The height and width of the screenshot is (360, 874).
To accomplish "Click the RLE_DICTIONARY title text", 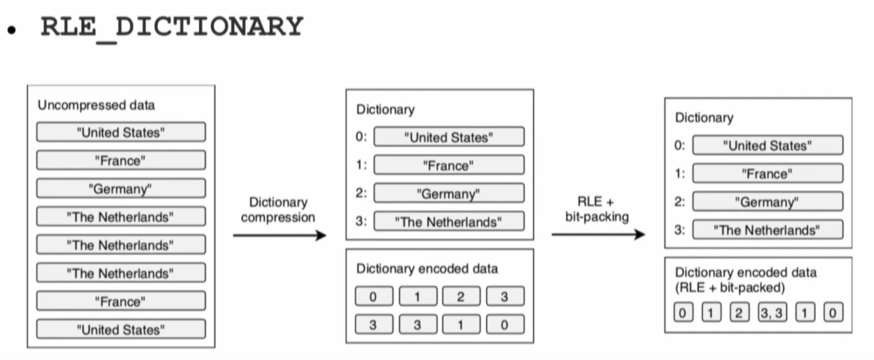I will coord(172,27).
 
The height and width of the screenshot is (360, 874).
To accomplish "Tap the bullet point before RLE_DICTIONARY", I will coord(12,30).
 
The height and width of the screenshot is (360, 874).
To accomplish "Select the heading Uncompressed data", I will coord(96,105).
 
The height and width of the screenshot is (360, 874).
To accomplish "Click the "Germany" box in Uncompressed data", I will coord(121,189).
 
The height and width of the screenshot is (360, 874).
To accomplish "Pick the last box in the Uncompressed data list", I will coord(121,330).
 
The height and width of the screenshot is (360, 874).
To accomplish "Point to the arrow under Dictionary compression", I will coord(279,235).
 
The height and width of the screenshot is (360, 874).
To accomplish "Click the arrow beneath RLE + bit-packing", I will coord(598,234).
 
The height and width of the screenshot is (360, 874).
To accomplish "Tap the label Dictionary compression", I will coord(278,209).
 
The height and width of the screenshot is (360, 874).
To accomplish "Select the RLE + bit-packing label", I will coord(597,209).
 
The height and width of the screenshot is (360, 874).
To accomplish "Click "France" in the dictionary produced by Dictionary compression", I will coord(449,165).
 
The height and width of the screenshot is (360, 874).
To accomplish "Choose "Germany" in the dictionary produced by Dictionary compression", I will coord(449,194).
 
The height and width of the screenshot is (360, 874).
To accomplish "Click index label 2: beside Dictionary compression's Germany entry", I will coord(361,193).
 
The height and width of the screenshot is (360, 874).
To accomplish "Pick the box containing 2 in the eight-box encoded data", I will coord(461,297).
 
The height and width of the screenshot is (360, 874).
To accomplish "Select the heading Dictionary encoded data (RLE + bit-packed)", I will coord(745,280).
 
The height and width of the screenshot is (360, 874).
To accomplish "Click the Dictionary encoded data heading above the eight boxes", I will coord(427,269).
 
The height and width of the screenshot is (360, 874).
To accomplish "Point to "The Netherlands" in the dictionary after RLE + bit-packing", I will coord(767,230).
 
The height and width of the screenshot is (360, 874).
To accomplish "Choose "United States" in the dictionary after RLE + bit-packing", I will coord(767,146).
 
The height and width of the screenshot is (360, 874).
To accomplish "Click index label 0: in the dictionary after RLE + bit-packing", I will coord(679,145).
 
